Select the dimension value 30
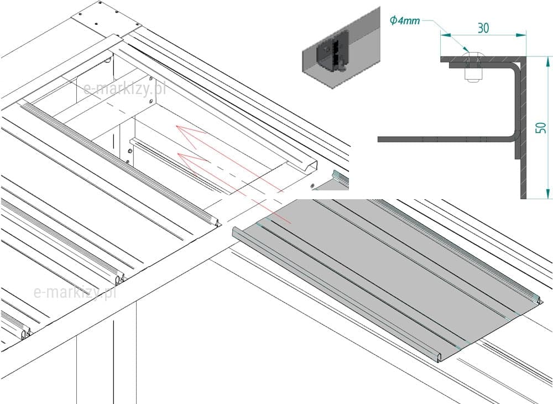tap(483, 28)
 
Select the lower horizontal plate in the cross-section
tap(442, 139)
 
